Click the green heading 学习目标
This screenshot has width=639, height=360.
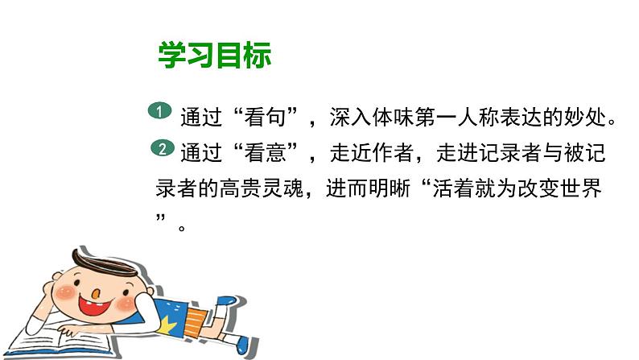click(215, 55)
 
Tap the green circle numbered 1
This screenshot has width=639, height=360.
click(161, 113)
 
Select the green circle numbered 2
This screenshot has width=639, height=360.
click(161, 148)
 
